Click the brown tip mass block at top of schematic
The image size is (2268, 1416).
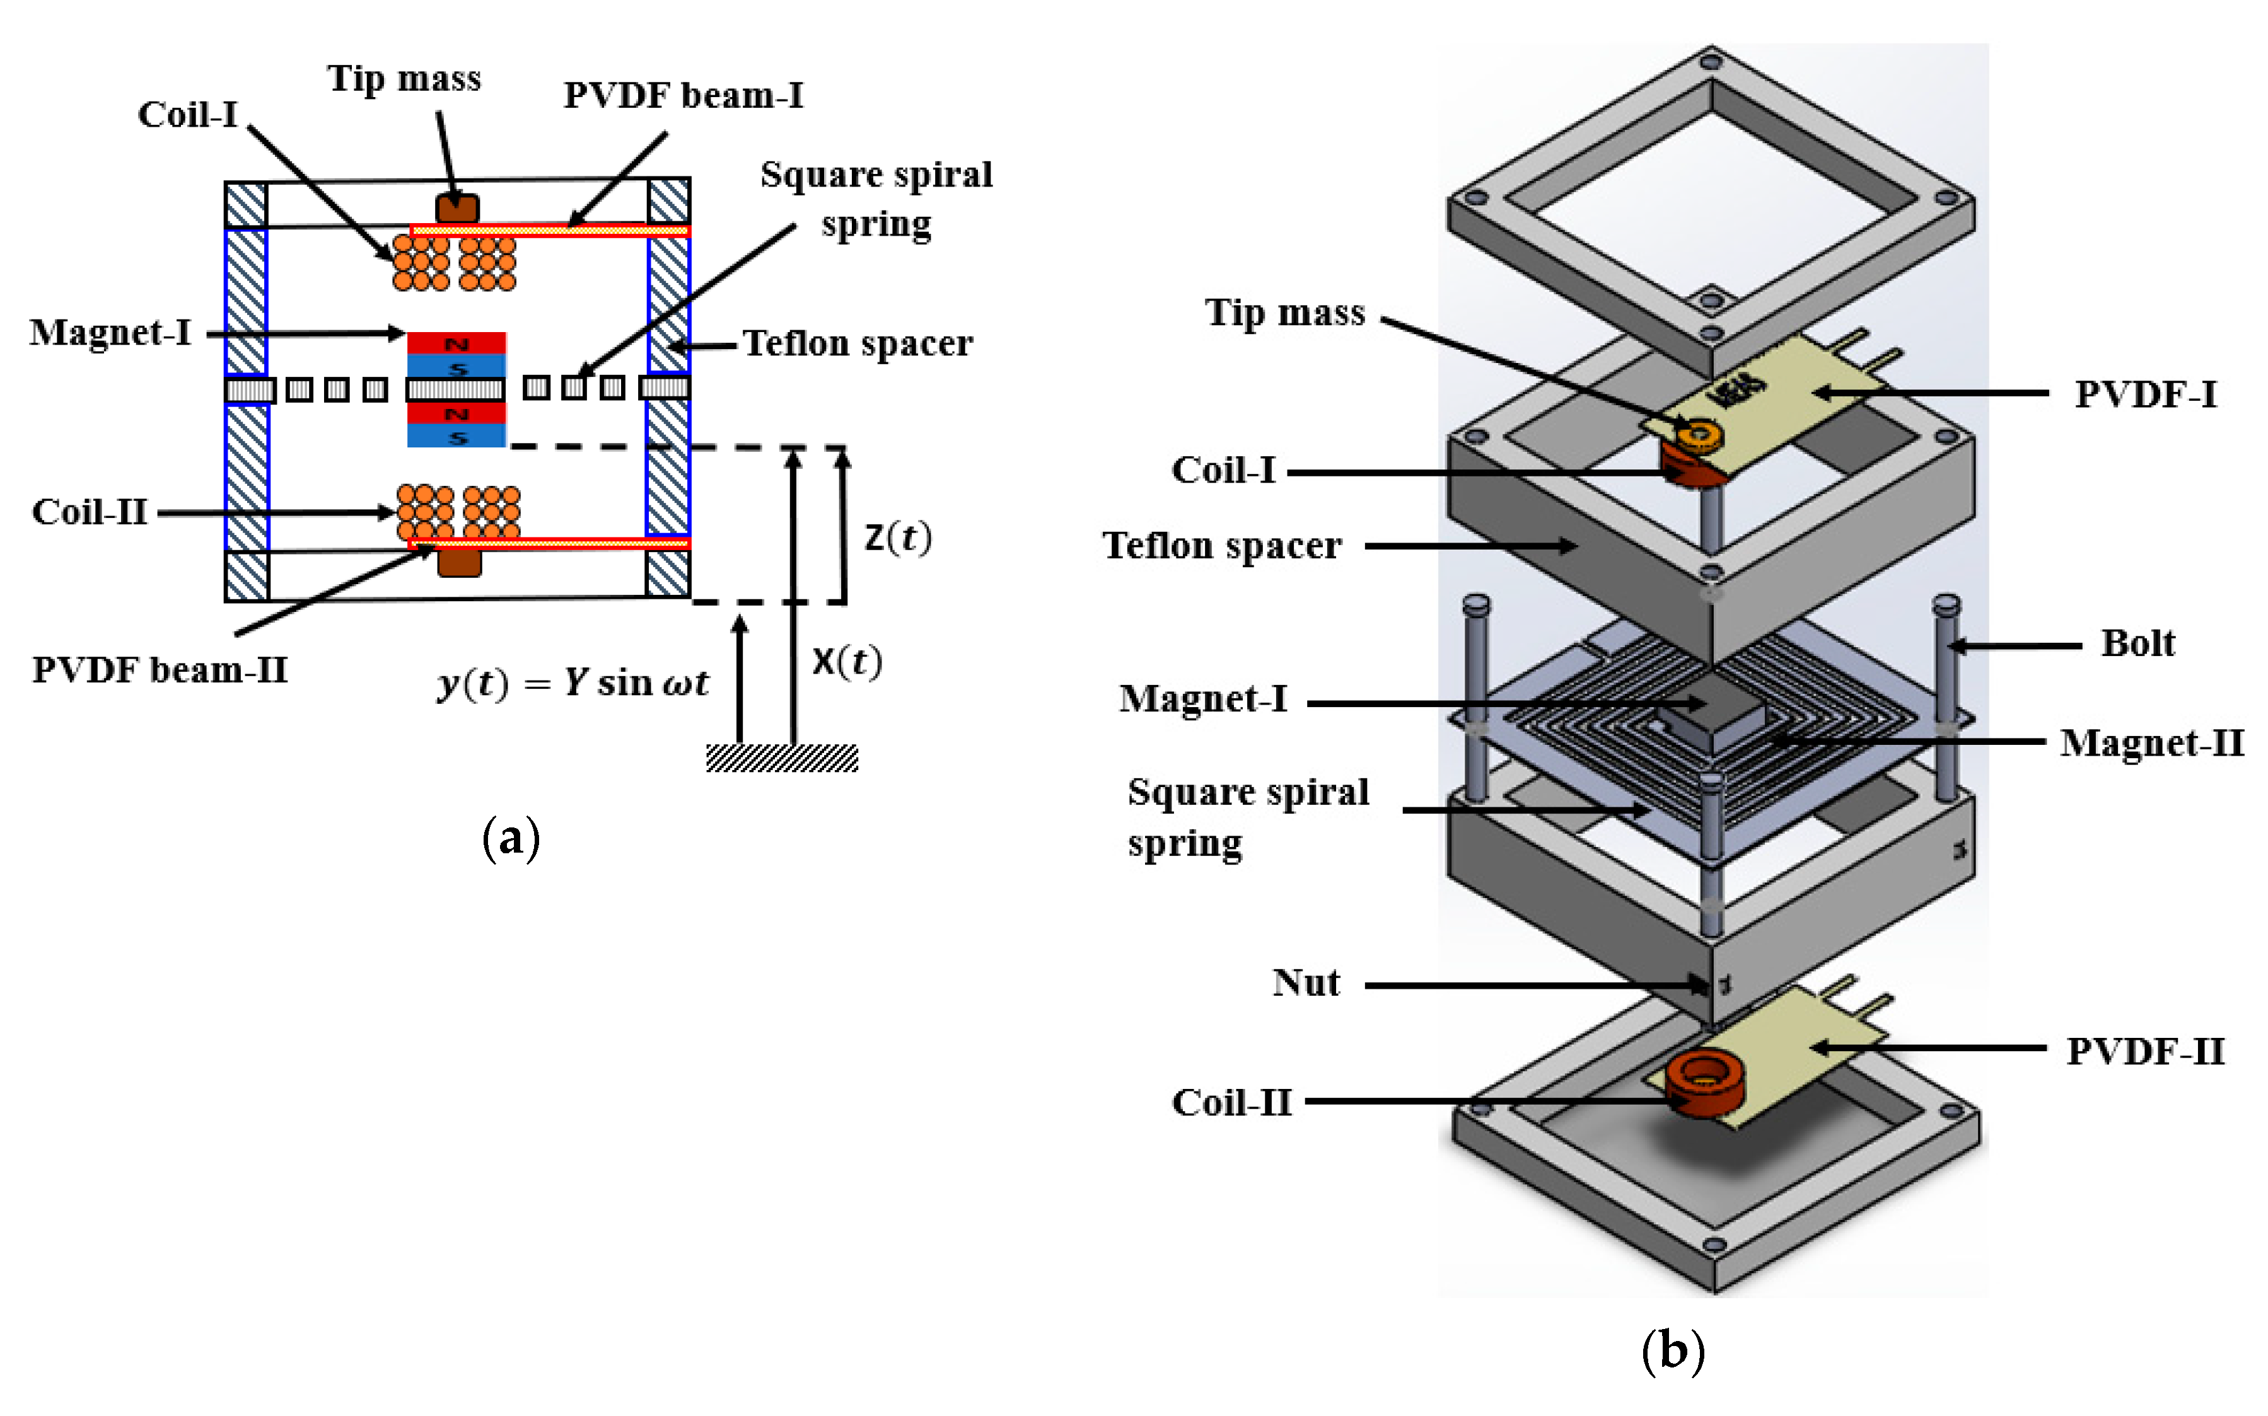tap(457, 208)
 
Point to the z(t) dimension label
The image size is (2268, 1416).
tap(897, 538)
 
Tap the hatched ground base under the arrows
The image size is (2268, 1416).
tap(781, 757)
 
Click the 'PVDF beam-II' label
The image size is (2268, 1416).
tap(160, 671)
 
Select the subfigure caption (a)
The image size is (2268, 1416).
tap(511, 836)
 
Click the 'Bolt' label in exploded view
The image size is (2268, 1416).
tap(2137, 643)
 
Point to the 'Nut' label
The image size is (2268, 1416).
tap(1306, 982)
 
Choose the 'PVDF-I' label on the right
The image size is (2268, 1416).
tap(2145, 394)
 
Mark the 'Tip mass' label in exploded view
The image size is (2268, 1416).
tap(1284, 312)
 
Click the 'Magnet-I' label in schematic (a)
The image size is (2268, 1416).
tap(110, 333)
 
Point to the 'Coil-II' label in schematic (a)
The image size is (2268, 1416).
tap(90, 512)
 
